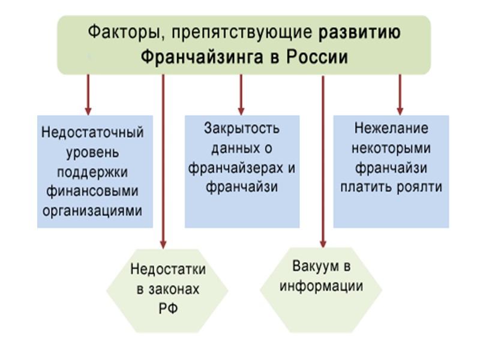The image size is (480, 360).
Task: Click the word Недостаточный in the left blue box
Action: click(x=93, y=133)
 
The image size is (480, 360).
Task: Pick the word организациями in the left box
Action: click(x=93, y=211)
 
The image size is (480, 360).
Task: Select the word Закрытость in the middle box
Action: click(x=242, y=128)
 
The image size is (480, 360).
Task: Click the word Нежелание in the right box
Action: click(x=391, y=128)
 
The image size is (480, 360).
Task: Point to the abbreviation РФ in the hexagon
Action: click(x=168, y=309)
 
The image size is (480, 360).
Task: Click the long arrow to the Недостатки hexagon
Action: click(x=163, y=162)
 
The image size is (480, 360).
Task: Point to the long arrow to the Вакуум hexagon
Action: click(x=323, y=162)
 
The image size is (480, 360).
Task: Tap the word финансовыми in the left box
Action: click(x=93, y=191)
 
